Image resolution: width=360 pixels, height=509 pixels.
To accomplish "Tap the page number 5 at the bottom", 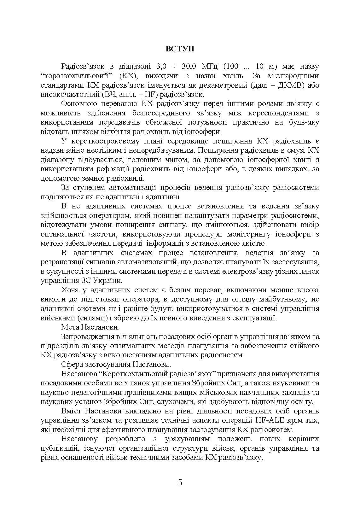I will (180, 483).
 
